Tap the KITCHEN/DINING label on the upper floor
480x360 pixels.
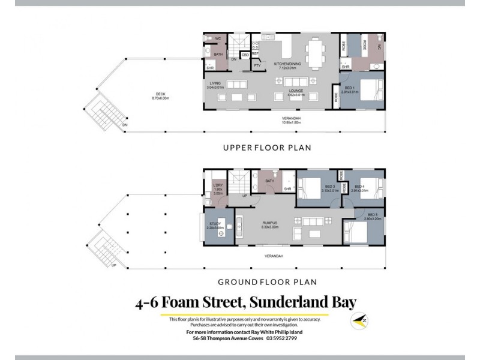click(287, 65)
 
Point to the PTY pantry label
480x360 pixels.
click(257, 65)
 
